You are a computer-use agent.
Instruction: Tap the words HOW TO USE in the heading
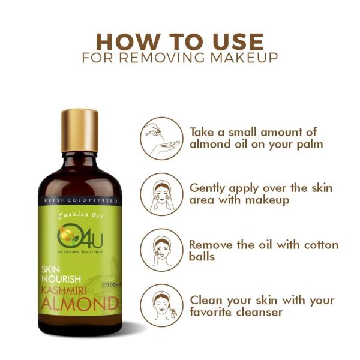[179, 42]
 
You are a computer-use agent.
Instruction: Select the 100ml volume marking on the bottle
[112, 283]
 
